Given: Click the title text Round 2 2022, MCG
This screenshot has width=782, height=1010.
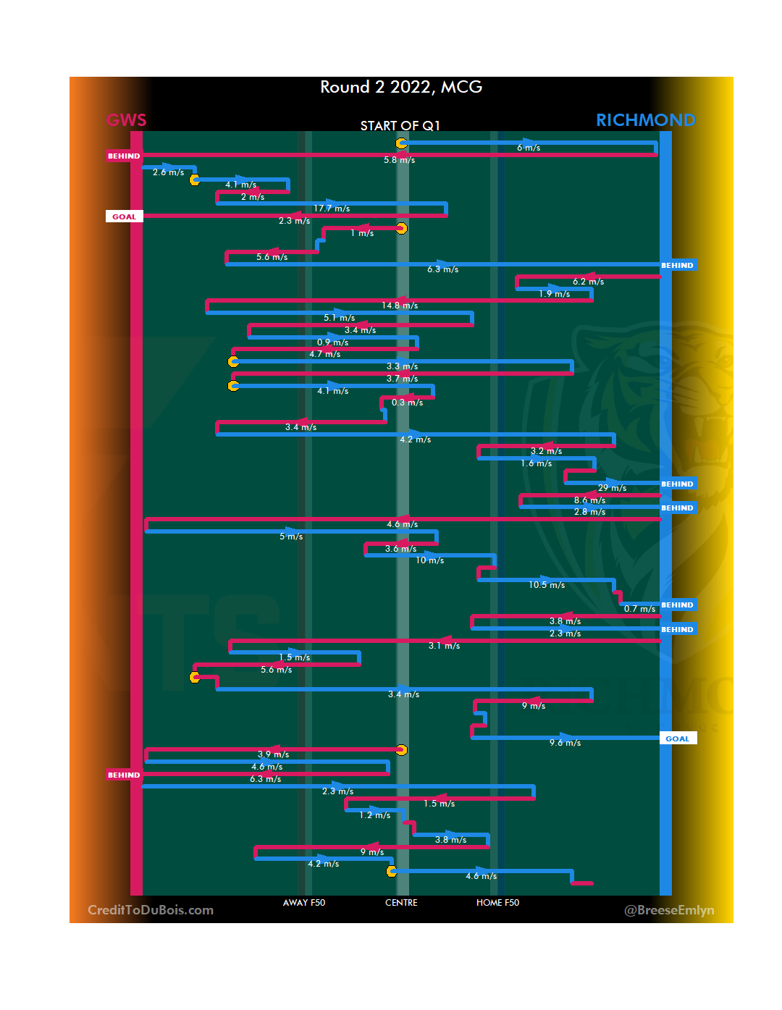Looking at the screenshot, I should tap(401, 88).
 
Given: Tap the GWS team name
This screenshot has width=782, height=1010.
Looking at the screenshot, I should tap(127, 120).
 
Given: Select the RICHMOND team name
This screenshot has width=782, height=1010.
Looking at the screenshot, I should tap(645, 120).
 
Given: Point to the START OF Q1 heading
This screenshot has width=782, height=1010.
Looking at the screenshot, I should tap(400, 126).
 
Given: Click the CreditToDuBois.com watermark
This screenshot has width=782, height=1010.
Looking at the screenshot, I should tap(151, 910).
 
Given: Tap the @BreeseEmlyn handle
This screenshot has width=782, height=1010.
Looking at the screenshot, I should tap(669, 910).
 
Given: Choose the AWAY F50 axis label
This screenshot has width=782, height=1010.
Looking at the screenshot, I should tap(304, 903).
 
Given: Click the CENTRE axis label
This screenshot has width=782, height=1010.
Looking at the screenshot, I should tap(401, 903).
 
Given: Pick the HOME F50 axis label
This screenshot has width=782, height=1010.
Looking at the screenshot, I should tap(497, 903).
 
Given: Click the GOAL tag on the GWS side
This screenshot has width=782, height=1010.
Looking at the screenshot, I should tap(124, 216).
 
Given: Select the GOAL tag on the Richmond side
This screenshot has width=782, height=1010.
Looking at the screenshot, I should tap(678, 738).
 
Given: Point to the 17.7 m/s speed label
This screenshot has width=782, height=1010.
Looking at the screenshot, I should tap(332, 209).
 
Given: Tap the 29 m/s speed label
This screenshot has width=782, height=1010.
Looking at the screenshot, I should tap(612, 488).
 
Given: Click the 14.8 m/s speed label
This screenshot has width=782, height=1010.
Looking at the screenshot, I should tap(400, 306).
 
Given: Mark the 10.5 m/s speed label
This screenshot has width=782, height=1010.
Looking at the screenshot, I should tap(547, 585).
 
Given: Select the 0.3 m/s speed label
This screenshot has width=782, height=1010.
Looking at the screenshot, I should tap(407, 403).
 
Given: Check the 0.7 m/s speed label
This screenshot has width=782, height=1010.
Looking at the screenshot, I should tap(639, 609).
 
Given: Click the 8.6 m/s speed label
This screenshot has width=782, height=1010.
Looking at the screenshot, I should tap(589, 500).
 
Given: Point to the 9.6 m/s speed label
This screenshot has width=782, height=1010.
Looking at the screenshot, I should tap(565, 743).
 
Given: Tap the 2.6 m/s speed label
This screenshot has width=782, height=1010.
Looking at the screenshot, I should tap(168, 172).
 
